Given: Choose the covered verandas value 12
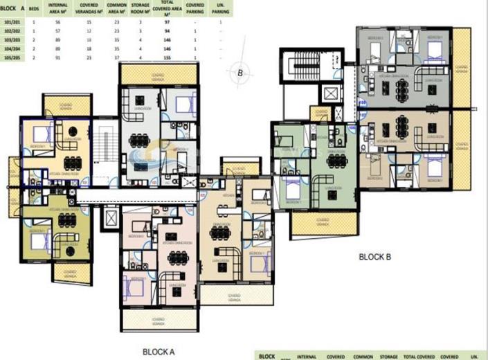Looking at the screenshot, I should (x=88, y=32).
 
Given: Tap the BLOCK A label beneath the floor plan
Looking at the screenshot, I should (x=159, y=352).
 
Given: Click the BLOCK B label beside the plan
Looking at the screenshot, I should (x=375, y=257).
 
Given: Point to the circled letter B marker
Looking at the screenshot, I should (x=240, y=71).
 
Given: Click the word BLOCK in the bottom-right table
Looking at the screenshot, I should (x=266, y=356).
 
